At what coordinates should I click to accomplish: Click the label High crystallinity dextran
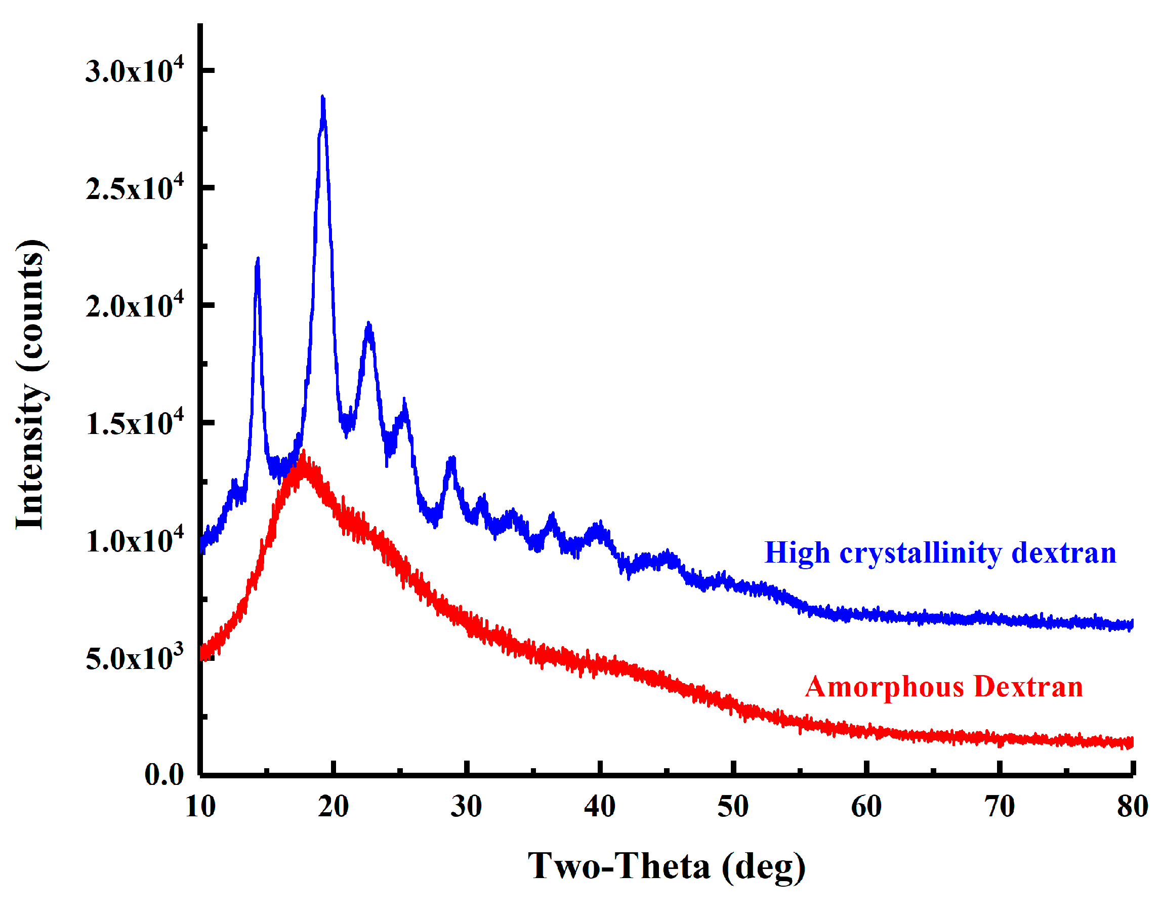tap(940, 552)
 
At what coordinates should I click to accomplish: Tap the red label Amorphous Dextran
tap(944, 687)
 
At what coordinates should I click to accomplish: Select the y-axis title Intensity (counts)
tap(31, 384)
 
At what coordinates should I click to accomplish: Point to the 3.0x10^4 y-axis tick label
tap(134, 70)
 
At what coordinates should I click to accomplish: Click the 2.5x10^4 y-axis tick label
tap(134, 188)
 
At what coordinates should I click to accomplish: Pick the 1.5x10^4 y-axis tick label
tap(134, 423)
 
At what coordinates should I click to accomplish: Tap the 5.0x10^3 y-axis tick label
tap(134, 658)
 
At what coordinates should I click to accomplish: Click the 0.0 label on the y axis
tap(163, 774)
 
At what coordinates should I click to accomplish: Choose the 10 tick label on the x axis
tap(200, 807)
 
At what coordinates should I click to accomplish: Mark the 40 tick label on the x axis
tap(600, 807)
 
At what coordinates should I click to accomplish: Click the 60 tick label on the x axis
tap(866, 807)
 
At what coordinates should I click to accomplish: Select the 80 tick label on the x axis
tap(1132, 807)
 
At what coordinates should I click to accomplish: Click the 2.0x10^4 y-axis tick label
tap(134, 306)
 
